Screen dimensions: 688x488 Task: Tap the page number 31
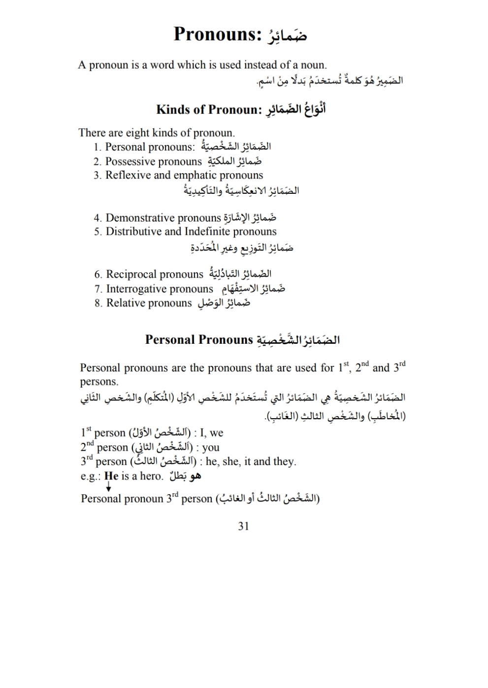[x=243, y=526]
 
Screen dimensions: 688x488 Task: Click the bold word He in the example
[x=111, y=476]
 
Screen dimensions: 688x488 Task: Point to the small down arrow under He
[x=108, y=487]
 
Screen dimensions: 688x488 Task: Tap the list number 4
[x=98, y=218]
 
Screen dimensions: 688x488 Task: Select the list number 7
[x=98, y=289]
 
